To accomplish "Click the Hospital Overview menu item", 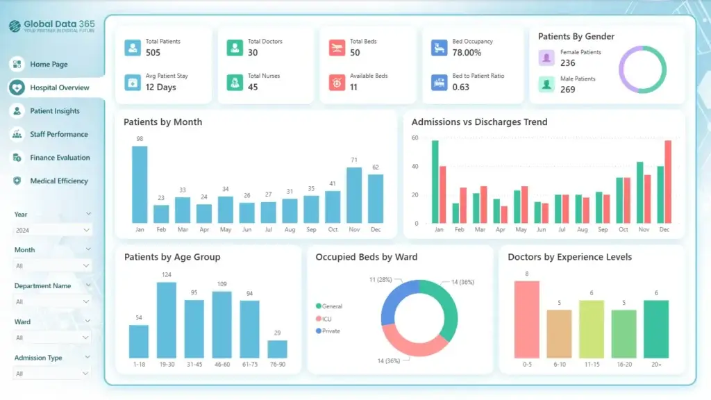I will pos(59,87).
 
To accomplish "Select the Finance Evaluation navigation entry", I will pos(60,158).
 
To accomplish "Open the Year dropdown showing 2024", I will pos(52,230).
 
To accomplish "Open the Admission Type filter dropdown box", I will pos(52,374).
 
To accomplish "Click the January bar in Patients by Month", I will pos(140,184).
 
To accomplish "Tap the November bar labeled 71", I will pos(354,194).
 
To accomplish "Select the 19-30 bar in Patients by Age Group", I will pos(166,319).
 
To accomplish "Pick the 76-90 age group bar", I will pos(277,349).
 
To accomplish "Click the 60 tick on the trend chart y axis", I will pos(415,138).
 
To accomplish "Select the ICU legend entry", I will pos(328,319).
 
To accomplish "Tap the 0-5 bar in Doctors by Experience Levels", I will pos(526,319).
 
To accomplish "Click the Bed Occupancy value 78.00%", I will pos(467,53).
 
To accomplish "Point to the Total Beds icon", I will pos(337,47).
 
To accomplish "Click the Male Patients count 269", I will pos(567,90).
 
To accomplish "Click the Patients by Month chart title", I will pos(162,122).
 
